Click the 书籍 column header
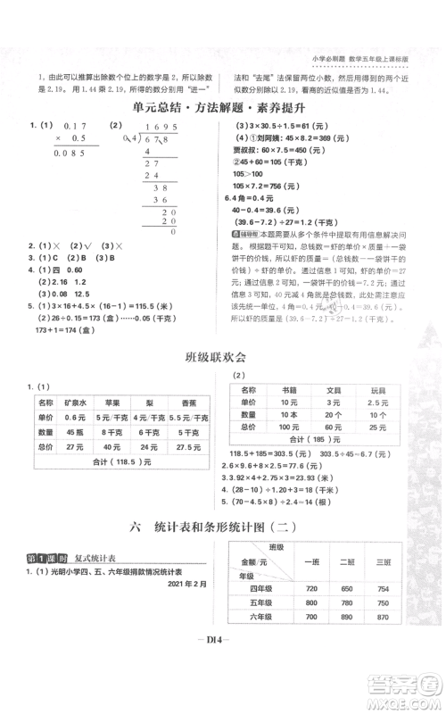(288, 390)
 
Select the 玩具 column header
(377, 390)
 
